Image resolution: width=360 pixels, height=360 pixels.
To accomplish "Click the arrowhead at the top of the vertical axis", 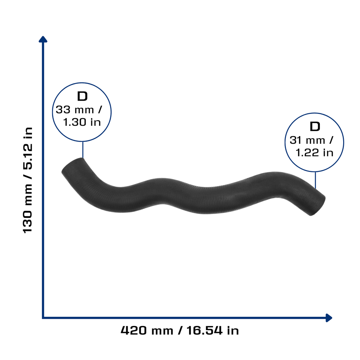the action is pos(43,39).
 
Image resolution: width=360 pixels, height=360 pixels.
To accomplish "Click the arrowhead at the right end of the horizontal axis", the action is pos(329,318).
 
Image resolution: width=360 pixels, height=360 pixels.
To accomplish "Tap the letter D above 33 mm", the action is pos(82,96).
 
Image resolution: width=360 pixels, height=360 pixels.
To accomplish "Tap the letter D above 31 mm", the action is pos(315,127).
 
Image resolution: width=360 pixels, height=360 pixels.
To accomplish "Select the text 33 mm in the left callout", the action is pos(75,110).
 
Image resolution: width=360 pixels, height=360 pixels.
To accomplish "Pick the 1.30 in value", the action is pos(82,122).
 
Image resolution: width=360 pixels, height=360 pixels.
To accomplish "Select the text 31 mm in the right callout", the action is pos(307,140).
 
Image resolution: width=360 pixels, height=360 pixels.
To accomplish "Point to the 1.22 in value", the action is pos(314,153).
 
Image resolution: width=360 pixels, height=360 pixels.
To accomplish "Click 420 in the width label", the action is pos(134,330).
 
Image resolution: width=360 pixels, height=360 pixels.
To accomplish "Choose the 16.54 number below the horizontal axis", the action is pos(205,330).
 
